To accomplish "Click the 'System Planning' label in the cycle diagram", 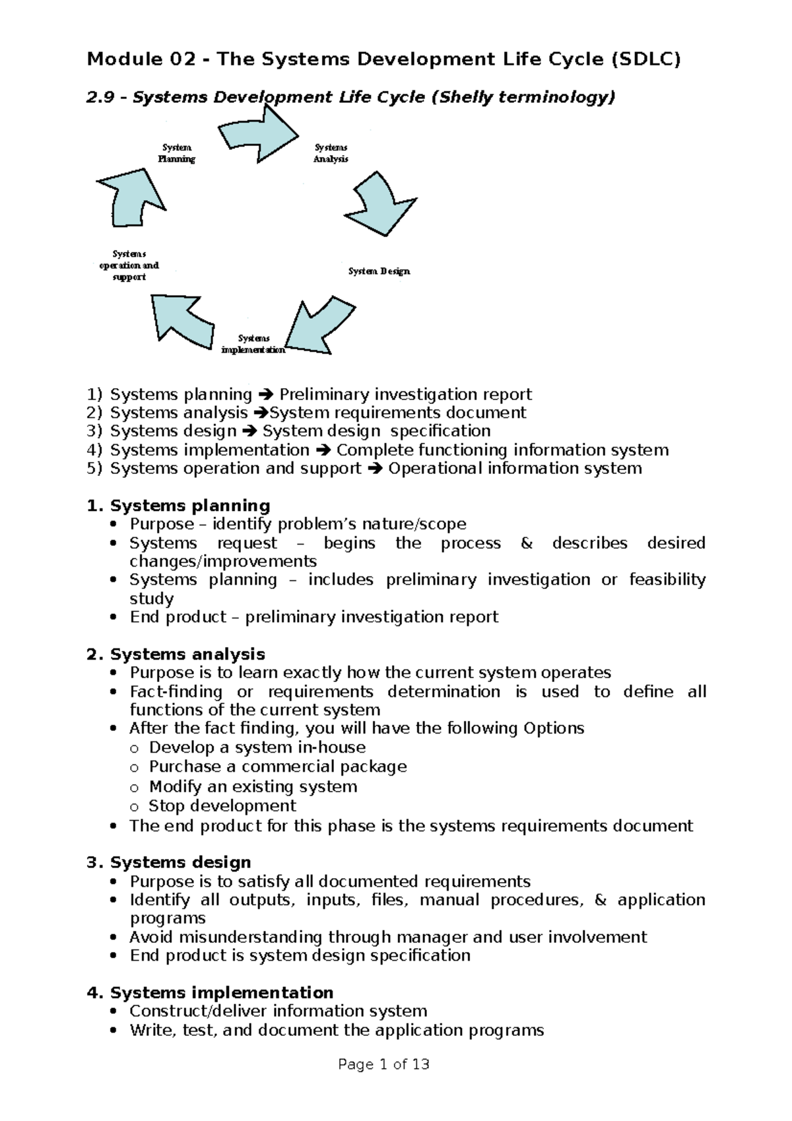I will [176, 153].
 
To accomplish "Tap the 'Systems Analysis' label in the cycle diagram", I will [331, 153].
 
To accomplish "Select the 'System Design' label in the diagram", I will [379, 271].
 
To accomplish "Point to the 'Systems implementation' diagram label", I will [253, 344].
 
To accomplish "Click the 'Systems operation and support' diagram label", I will [129, 265].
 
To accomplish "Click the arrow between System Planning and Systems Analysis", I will [259, 134].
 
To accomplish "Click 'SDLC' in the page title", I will [645, 59].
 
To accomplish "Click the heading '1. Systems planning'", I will [178, 506].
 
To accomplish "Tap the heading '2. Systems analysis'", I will [176, 654].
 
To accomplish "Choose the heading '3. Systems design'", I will [169, 862].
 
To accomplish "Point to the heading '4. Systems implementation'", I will [210, 992].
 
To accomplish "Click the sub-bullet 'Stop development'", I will [222, 806].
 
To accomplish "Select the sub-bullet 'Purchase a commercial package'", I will [278, 766].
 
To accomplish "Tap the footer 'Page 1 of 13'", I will [383, 1064].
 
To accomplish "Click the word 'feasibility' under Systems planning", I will [667, 580].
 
